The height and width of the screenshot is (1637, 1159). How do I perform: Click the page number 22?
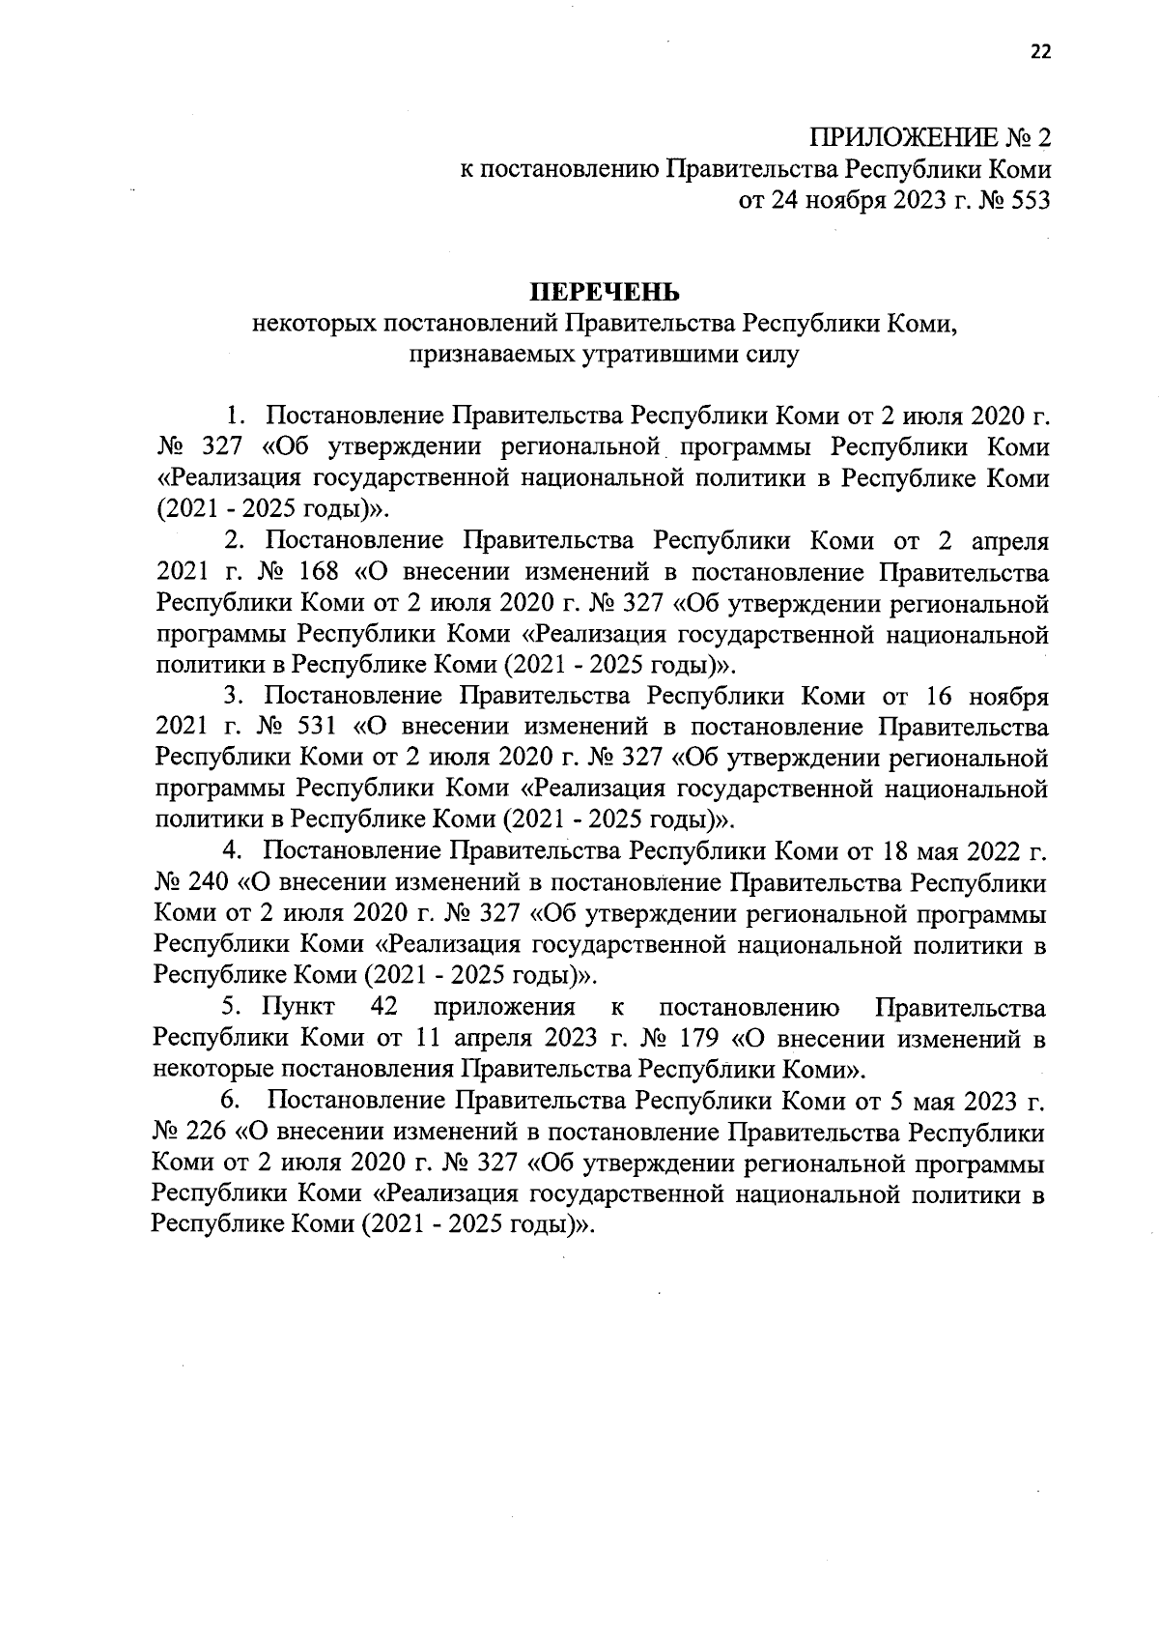(x=1038, y=52)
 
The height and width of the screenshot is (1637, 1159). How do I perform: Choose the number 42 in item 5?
(x=385, y=1007)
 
